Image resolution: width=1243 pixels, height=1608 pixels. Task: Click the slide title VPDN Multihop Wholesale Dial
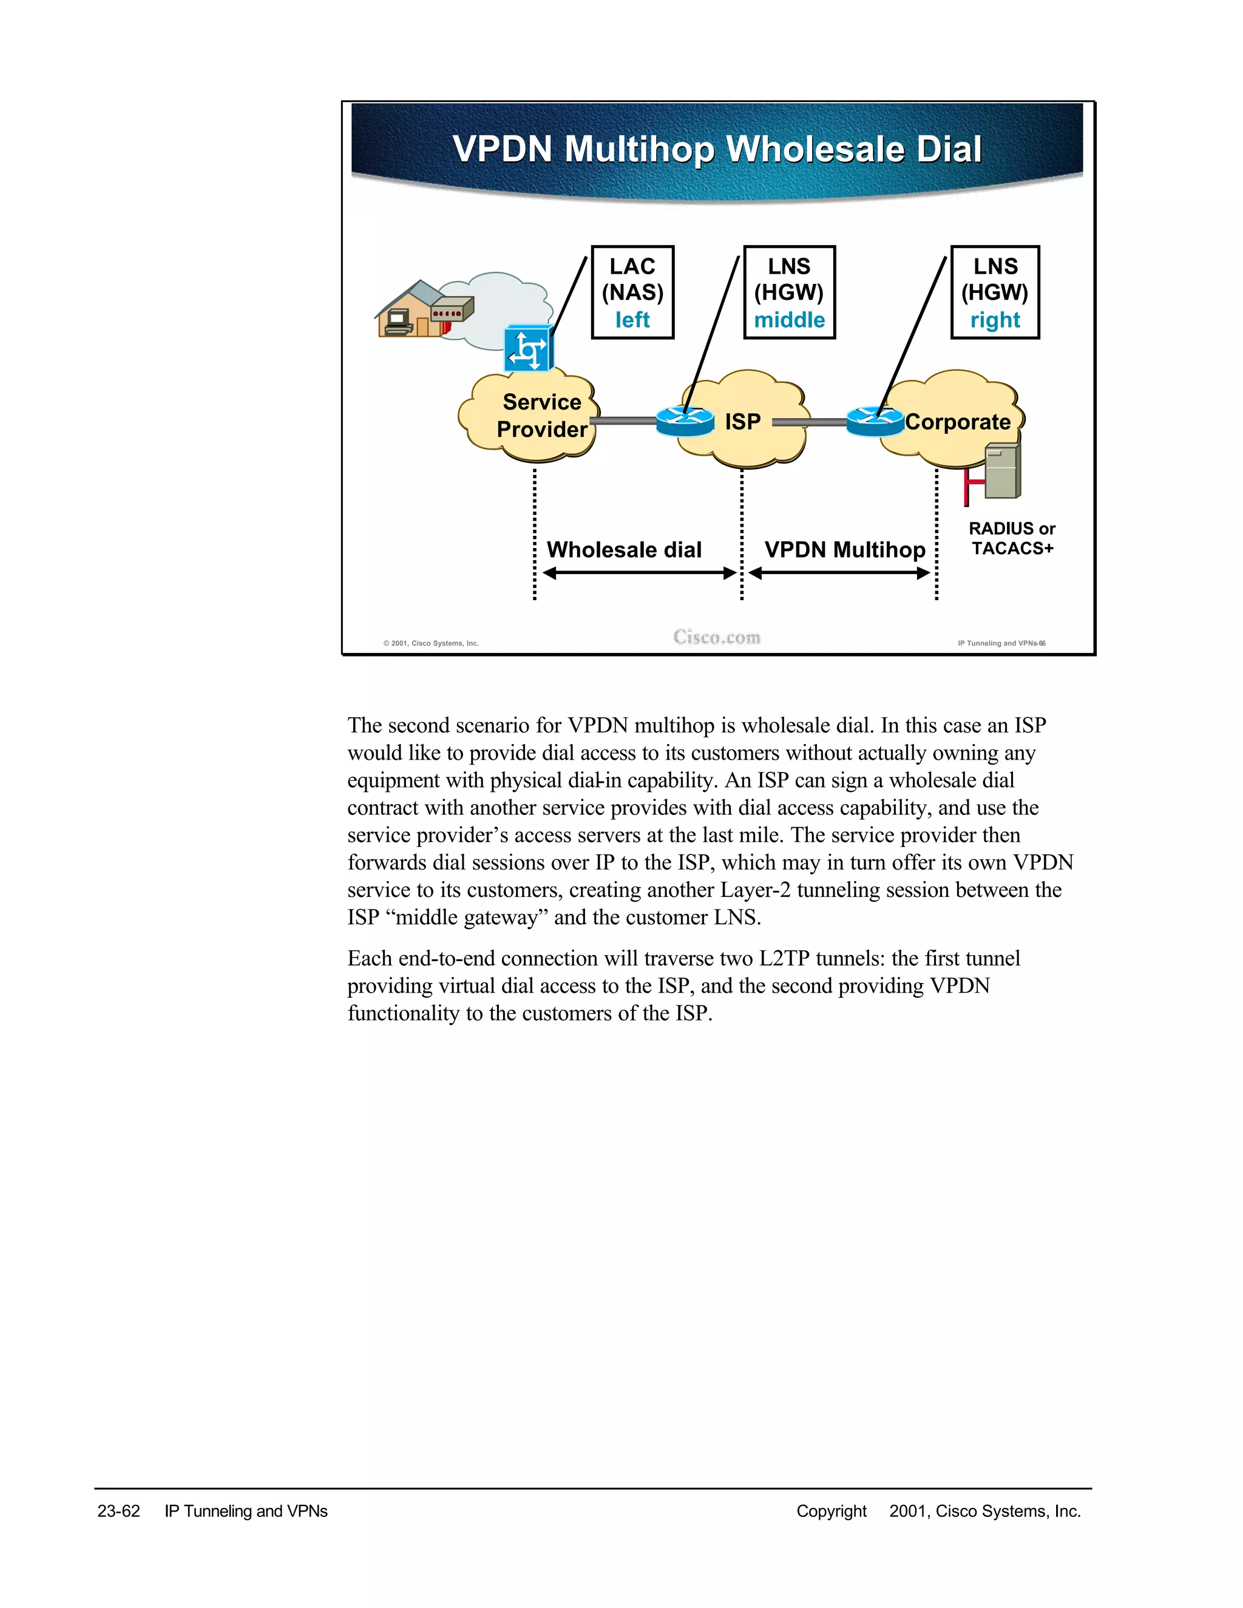coord(717,149)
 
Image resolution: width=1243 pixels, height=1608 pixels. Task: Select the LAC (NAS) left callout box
coord(632,292)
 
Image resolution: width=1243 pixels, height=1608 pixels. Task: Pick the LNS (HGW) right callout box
coord(995,292)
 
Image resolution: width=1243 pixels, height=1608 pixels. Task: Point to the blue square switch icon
coord(528,349)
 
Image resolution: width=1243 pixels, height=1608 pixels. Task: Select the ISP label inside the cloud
coord(742,422)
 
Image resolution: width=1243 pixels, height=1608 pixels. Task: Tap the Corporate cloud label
coord(957,422)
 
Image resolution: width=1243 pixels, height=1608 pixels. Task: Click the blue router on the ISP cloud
coord(685,422)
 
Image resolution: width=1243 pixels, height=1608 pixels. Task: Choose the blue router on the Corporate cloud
coord(875,422)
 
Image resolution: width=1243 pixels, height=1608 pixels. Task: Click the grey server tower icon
coord(1002,470)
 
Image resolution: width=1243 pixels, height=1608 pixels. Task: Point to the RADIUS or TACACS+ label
coord(1012,538)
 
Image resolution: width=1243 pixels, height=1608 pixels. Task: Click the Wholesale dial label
coord(624,550)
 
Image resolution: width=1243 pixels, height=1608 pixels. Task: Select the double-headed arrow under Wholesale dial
coord(639,573)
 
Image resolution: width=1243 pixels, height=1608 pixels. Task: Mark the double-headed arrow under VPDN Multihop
coord(839,573)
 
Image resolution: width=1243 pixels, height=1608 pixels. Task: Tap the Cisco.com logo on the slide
coord(717,638)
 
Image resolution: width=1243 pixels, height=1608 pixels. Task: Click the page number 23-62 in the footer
coord(118,1512)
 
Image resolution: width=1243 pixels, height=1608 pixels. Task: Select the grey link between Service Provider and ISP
coord(623,421)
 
